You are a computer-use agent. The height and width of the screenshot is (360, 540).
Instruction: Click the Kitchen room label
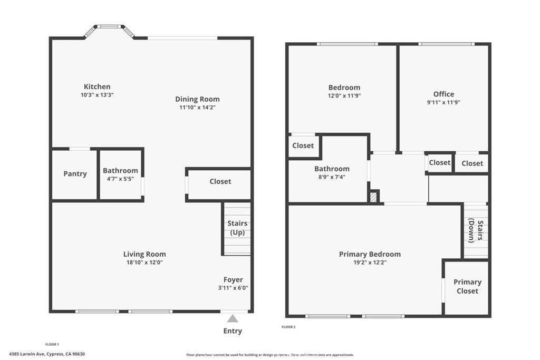[97, 87]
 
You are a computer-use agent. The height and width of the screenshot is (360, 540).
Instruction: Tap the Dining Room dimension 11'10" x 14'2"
[197, 108]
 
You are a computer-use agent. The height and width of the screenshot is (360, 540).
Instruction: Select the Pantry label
[75, 174]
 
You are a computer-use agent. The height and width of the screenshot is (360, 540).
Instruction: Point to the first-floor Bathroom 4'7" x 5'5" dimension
[120, 179]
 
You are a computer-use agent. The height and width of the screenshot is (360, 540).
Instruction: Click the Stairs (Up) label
[237, 228]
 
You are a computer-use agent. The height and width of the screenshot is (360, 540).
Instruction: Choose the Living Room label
[144, 254]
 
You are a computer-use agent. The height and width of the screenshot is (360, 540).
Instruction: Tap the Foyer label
[233, 280]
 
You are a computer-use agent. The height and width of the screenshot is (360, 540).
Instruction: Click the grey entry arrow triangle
[233, 318]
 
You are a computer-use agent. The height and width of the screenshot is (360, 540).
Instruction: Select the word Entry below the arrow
[233, 331]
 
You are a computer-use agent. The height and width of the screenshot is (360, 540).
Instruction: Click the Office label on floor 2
[443, 94]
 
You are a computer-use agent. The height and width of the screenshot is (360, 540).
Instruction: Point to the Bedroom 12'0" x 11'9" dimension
[344, 96]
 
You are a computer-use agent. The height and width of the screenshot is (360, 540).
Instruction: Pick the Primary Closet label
[467, 286]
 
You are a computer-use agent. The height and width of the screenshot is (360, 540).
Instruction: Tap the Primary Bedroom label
[370, 254]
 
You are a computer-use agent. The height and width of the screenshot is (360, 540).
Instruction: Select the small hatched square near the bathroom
[373, 197]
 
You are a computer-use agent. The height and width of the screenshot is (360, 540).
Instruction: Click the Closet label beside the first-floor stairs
[220, 181]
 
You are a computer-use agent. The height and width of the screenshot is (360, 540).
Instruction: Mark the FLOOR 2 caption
[288, 327]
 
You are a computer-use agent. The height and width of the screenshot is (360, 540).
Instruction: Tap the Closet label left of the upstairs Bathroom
[303, 145]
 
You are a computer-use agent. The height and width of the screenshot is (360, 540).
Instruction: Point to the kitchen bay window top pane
[109, 26]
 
